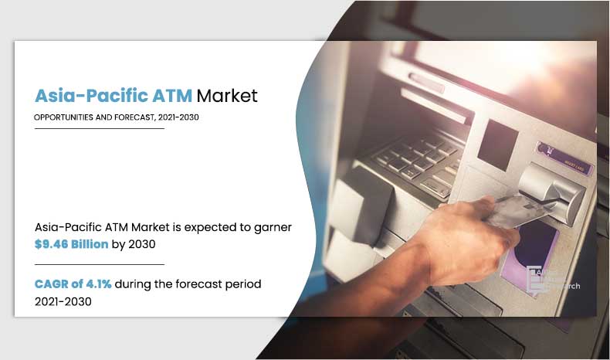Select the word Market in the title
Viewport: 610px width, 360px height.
(227, 96)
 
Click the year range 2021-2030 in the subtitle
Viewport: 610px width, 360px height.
(183, 117)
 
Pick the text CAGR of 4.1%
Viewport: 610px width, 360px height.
(73, 284)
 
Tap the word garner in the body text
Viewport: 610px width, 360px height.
(273, 227)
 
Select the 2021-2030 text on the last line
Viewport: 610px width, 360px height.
(63, 301)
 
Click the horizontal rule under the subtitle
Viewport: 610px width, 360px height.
(100, 129)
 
